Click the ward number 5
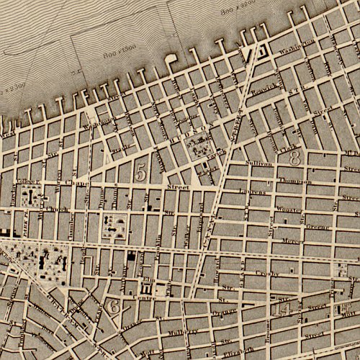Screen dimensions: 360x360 [x=141, y=171]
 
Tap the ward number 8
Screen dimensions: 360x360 [x=294, y=158]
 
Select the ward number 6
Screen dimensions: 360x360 [x=113, y=306]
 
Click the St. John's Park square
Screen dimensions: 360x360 [x=194, y=148]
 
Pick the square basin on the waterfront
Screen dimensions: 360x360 [x=255, y=53]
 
